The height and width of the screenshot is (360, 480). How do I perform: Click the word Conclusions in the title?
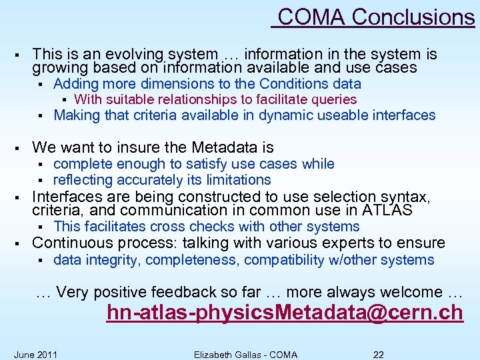tap(413, 17)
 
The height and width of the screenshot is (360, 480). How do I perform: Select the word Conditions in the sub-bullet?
tap(293, 84)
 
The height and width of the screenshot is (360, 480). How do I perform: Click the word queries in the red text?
tap(333, 99)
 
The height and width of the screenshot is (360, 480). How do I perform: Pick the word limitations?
tap(233, 180)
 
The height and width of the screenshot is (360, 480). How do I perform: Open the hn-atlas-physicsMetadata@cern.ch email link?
tap(285, 313)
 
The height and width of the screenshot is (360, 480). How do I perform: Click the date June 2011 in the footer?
tap(35, 354)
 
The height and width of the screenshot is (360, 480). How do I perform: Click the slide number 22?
tap(378, 354)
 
